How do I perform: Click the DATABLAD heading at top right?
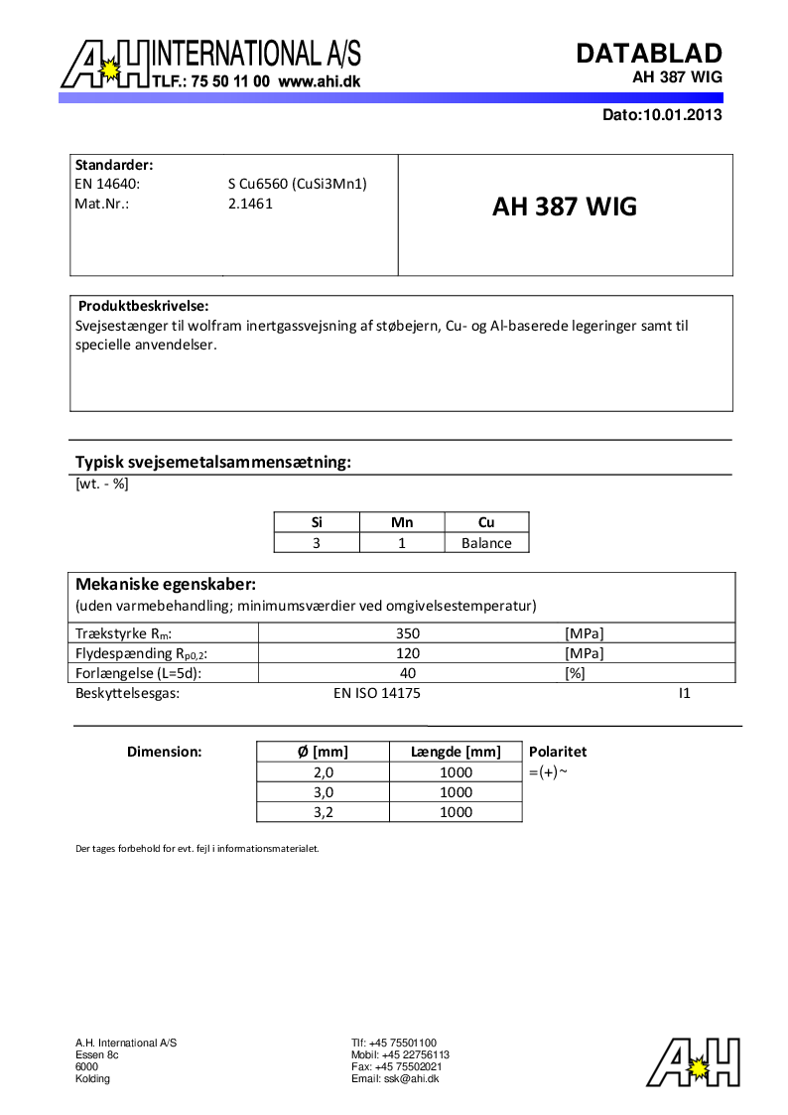[x=649, y=54]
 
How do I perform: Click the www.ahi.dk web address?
[x=320, y=82]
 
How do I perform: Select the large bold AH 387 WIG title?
[x=565, y=208]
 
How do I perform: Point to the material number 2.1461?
[x=250, y=204]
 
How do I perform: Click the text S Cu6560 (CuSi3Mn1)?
[x=298, y=184]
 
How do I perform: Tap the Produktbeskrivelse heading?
[x=143, y=306]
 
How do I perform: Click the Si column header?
[x=317, y=522]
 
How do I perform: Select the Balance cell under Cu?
[x=486, y=543]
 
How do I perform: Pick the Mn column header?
[x=401, y=522]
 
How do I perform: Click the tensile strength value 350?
[x=408, y=633]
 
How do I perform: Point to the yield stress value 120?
[x=408, y=653]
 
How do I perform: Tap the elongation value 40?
[x=408, y=673]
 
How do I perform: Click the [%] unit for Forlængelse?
[x=574, y=673]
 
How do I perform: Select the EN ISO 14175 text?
[x=377, y=693]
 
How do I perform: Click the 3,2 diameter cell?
[x=323, y=812]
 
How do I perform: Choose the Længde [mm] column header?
[x=456, y=752]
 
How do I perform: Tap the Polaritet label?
[x=558, y=752]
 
